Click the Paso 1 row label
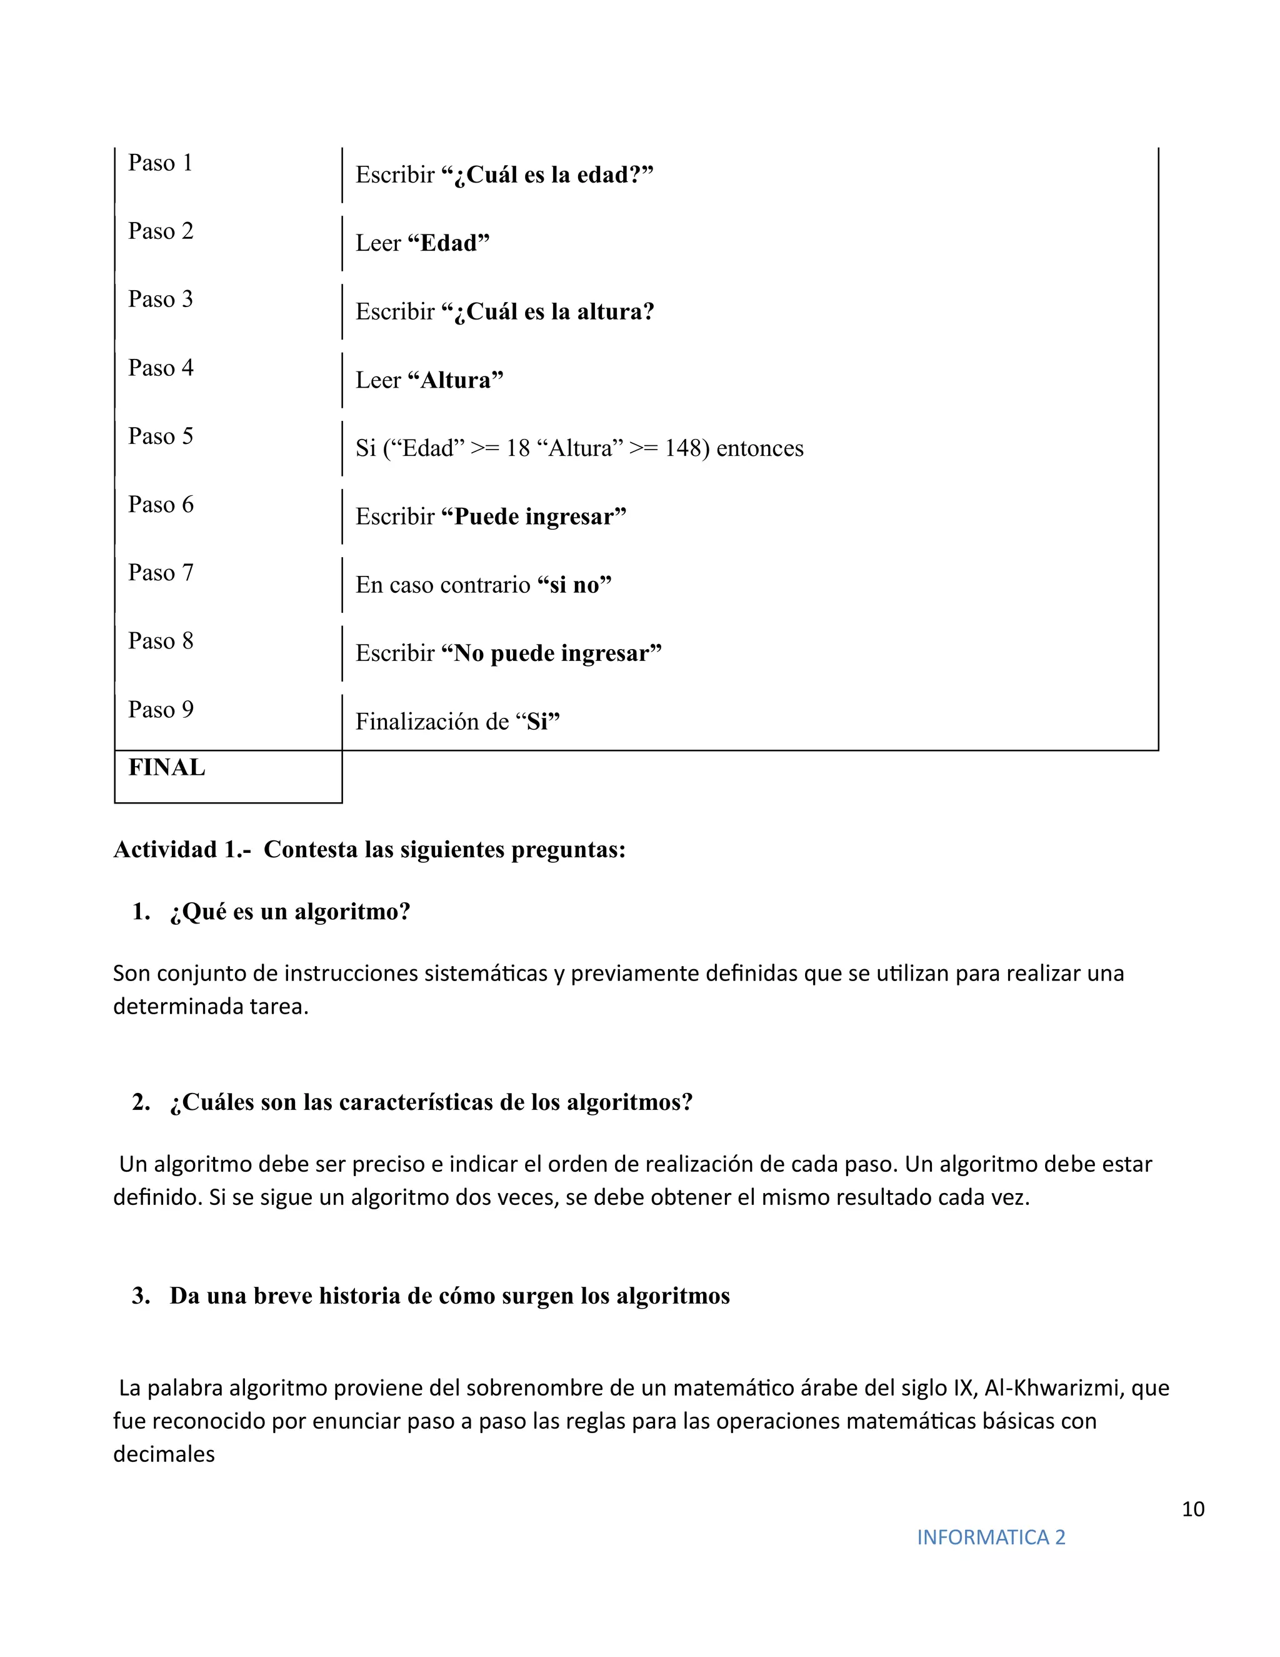(x=160, y=163)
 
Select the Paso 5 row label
(x=160, y=436)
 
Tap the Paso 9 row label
(x=160, y=710)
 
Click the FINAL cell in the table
(x=167, y=768)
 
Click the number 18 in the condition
(x=518, y=448)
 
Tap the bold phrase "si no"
(x=574, y=585)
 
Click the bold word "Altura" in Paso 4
(x=456, y=380)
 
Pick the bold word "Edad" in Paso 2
(x=449, y=243)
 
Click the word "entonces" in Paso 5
(x=760, y=448)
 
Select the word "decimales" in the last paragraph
(x=164, y=1454)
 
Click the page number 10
(x=1192, y=1509)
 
